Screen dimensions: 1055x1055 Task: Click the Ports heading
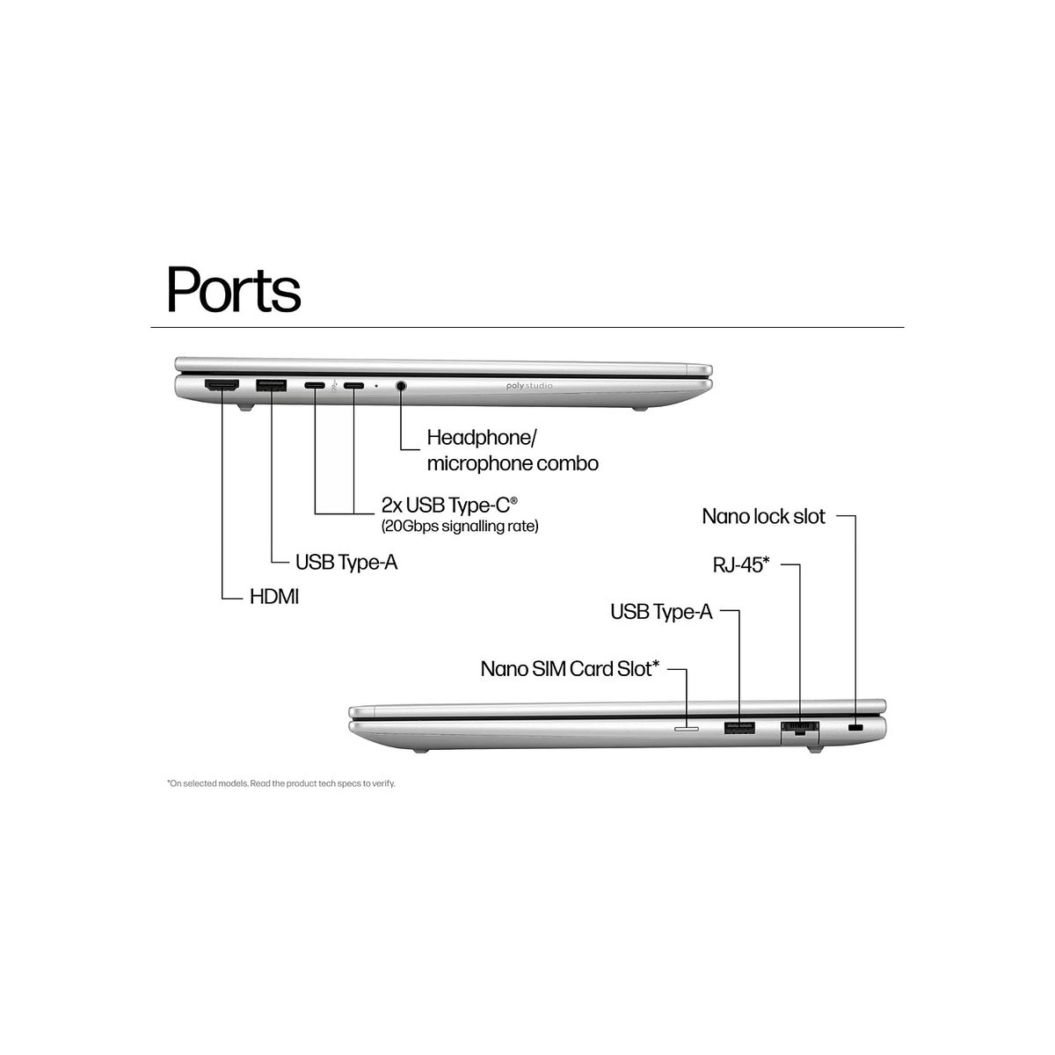pos(234,289)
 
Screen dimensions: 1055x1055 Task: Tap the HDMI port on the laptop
pos(222,385)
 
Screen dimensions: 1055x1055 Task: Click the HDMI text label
pos(274,597)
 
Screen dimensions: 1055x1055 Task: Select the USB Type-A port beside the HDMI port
pos(271,385)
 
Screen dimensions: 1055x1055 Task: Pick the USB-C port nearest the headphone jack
pos(353,385)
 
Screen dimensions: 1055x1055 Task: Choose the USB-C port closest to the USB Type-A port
pos(315,385)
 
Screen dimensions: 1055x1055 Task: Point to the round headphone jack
pos(401,386)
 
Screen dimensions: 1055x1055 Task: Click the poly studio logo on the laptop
pos(529,386)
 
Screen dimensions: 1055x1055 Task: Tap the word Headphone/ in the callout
pos(482,438)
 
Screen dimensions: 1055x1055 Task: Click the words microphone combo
pos(513,463)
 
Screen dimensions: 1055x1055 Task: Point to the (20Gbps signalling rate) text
pos(460,526)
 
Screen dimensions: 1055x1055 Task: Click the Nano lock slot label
pos(763,516)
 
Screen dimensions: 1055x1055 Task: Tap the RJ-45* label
pos(741,564)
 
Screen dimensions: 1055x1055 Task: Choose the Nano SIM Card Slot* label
pos(570,668)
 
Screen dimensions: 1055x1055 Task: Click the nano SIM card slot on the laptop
pos(687,729)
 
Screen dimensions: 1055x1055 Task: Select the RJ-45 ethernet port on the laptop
pos(800,730)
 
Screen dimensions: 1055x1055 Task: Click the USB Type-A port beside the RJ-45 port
pos(739,728)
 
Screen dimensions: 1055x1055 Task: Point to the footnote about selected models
pos(280,783)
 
